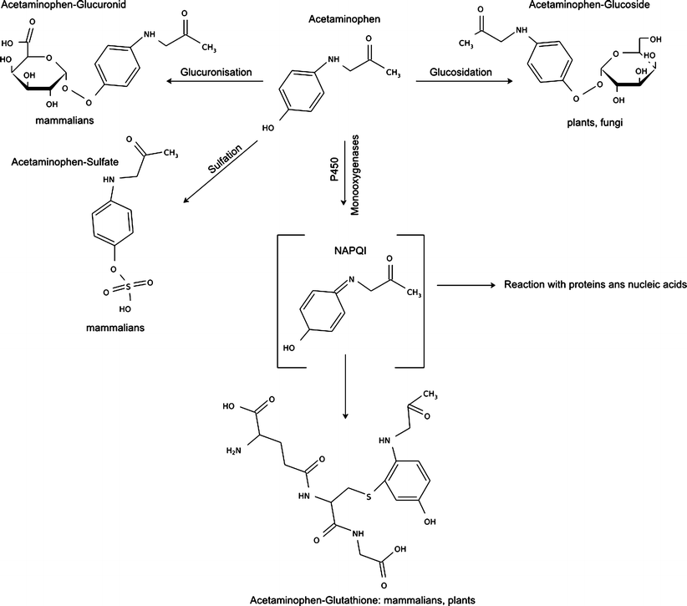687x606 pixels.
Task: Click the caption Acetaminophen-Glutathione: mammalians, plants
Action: pos(344,598)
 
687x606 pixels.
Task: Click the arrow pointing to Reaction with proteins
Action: pos(466,285)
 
